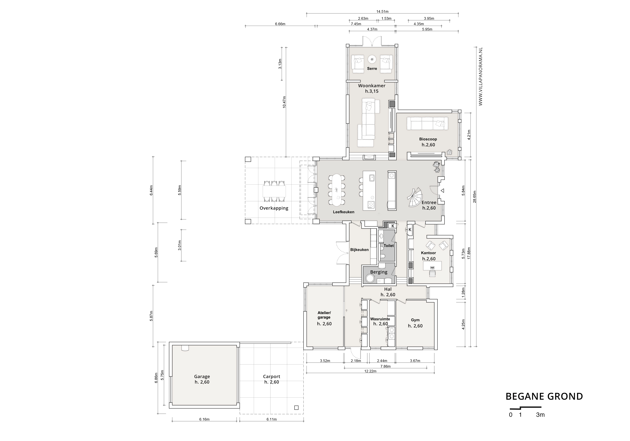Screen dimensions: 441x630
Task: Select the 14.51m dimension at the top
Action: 382,11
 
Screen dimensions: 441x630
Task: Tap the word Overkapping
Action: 274,208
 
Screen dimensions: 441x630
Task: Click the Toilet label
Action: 388,246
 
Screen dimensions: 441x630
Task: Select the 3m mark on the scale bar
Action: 540,415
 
